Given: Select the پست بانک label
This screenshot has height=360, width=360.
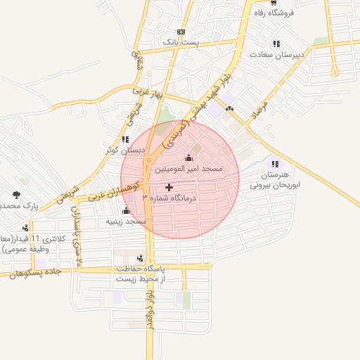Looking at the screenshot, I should click(x=181, y=43).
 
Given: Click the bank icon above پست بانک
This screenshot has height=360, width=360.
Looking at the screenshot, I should click(x=181, y=32).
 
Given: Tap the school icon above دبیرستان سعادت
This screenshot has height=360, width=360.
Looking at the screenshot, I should click(x=276, y=44).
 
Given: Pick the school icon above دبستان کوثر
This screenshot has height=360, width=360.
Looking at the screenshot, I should click(x=125, y=140).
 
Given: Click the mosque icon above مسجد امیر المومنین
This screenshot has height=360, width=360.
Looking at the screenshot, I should click(x=188, y=158).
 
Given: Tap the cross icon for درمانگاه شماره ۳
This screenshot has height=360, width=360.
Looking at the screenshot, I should click(x=169, y=188).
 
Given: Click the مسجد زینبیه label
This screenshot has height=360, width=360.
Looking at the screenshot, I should click(x=126, y=221).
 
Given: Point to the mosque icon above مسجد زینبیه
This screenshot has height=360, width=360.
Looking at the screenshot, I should click(x=126, y=211).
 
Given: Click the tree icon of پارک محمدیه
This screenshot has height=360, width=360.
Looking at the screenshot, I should click(x=16, y=195).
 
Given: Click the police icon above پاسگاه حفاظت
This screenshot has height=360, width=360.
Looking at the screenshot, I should click(x=140, y=258).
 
